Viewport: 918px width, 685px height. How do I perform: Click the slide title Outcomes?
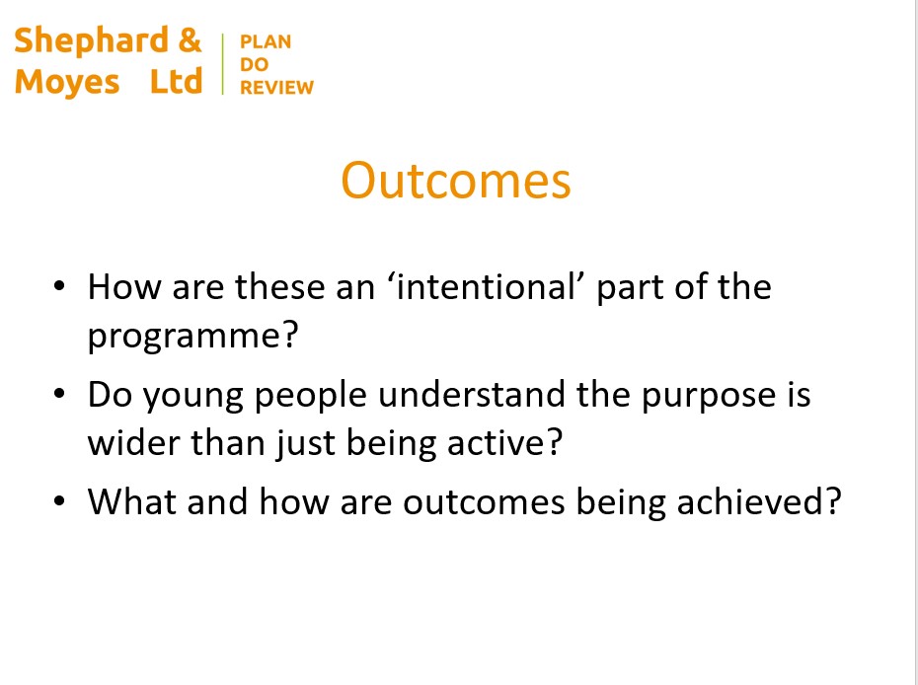tap(455, 181)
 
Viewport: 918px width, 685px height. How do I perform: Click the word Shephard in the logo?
tap(92, 40)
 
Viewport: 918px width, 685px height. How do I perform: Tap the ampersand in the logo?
tap(190, 40)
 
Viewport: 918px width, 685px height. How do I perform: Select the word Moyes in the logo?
tap(67, 82)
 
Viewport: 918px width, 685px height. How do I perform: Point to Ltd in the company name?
tap(177, 81)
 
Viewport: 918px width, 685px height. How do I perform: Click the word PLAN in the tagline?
tap(266, 42)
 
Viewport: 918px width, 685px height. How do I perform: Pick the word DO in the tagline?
tap(254, 64)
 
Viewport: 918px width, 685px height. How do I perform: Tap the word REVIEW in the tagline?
tap(277, 87)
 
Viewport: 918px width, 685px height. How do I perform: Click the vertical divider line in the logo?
tap(222, 64)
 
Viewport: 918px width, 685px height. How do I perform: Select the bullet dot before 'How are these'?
tap(59, 286)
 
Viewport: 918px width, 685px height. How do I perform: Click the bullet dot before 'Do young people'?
tap(59, 394)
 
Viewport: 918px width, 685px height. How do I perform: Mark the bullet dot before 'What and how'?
tap(59, 501)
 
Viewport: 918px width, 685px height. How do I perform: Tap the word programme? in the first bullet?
tap(193, 337)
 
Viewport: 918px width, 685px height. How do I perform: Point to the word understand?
tap(471, 394)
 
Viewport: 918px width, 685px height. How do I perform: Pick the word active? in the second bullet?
tap(504, 442)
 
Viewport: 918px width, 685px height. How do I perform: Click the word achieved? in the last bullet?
tap(759, 501)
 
